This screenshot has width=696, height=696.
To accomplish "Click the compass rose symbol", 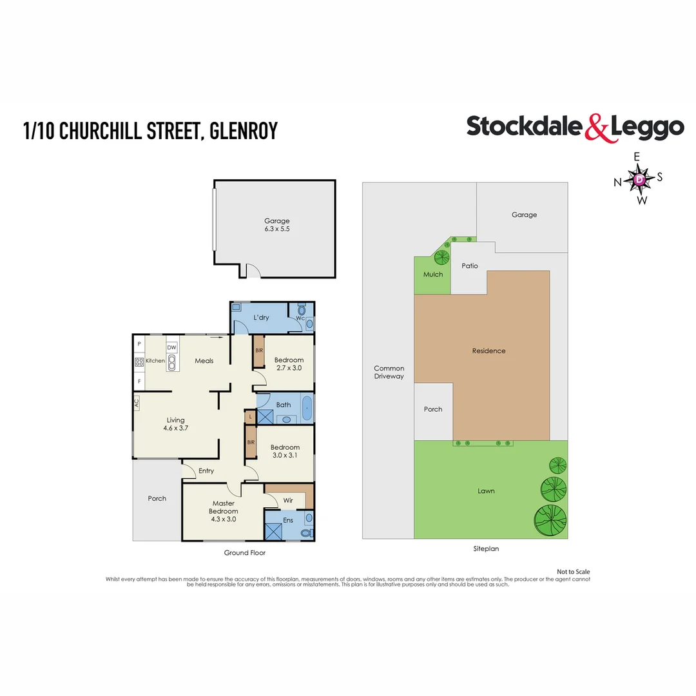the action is click(639, 179).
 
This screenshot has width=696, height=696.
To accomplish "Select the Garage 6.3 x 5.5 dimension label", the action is click(277, 225).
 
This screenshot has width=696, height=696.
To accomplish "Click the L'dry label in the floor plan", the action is click(261, 317).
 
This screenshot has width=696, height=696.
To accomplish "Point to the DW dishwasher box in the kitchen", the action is click(172, 347).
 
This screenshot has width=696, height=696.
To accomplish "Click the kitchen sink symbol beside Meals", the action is click(172, 362).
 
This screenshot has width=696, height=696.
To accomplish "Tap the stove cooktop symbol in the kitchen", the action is click(139, 362).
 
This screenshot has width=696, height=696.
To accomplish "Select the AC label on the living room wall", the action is click(137, 403).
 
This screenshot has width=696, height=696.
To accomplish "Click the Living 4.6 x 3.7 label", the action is click(176, 424).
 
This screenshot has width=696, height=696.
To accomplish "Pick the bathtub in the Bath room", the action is click(307, 408).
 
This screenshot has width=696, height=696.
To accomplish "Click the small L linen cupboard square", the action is click(250, 417).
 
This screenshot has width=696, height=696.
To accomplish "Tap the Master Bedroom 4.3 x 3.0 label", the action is click(223, 511).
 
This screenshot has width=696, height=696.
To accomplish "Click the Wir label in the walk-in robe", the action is click(288, 500).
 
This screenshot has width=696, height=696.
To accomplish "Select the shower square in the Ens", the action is click(273, 532).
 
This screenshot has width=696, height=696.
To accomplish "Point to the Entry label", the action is click(206, 471).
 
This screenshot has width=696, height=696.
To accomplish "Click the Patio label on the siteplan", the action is click(470, 266).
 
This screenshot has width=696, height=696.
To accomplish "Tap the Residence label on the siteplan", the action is click(488, 351).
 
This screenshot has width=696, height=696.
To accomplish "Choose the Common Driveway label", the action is click(389, 372).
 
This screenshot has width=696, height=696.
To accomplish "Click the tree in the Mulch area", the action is click(441, 257).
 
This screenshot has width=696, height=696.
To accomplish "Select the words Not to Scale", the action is click(574, 572).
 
